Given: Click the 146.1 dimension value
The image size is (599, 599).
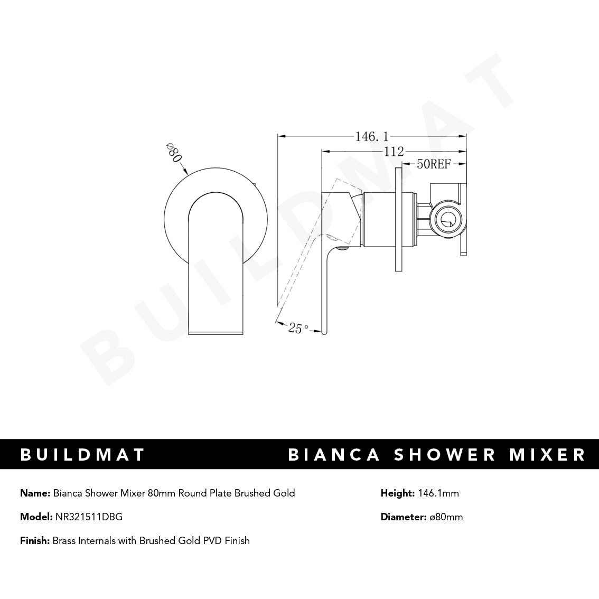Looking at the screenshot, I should point(368,137).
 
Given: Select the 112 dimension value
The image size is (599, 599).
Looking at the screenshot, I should point(394,152).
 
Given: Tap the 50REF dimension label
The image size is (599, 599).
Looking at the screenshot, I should point(433,164).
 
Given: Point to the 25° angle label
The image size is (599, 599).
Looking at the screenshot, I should point(298,328).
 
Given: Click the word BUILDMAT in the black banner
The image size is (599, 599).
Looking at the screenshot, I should point(82,455).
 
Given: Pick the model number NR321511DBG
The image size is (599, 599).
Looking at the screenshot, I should point(89,517).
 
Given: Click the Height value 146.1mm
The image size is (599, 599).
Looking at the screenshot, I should point(438,493).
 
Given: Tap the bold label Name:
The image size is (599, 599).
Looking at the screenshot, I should point(35,493).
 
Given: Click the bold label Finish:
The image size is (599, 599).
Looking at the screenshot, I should point(35,540).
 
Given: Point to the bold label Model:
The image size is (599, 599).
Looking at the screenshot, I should point(36,517).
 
